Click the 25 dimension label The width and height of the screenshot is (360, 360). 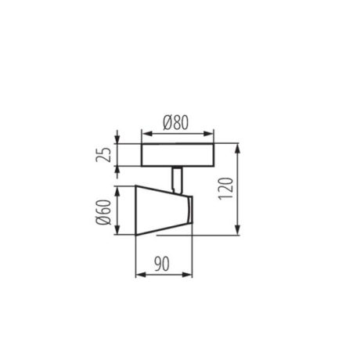(103, 154)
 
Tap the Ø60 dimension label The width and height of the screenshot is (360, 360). (103, 210)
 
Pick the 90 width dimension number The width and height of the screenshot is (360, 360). (164, 264)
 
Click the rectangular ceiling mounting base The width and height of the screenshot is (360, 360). (176, 155)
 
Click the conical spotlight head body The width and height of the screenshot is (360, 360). (160, 210)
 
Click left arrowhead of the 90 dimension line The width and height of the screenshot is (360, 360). (139, 275)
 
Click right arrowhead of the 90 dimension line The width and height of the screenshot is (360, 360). (190, 275)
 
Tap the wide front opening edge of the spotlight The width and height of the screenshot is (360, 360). (137, 210)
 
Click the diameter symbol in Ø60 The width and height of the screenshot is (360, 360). (103, 223)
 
